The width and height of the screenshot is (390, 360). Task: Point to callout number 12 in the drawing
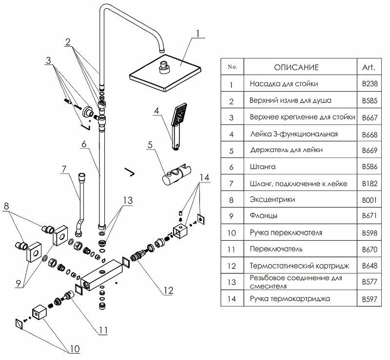[x=168, y=291]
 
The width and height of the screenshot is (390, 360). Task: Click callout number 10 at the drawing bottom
[x=74, y=348]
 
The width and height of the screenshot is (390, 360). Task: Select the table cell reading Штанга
[x=263, y=167]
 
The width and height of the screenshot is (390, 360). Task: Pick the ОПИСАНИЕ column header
[x=296, y=67]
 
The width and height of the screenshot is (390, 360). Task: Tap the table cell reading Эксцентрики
[x=272, y=200]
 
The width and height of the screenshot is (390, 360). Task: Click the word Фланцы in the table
[x=264, y=216]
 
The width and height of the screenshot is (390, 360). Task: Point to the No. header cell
[x=232, y=67]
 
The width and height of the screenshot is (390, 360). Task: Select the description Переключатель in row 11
[x=276, y=249]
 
